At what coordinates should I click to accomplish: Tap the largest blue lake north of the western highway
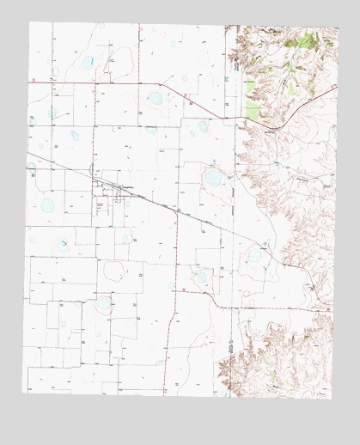(x=88, y=62)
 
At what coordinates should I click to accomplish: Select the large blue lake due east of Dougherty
(x=212, y=178)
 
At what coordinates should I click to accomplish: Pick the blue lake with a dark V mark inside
(x=64, y=246)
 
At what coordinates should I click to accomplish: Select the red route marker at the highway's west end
(x=33, y=78)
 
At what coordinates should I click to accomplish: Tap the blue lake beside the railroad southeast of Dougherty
(x=255, y=254)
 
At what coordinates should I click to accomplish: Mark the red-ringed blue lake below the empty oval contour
(x=104, y=302)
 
